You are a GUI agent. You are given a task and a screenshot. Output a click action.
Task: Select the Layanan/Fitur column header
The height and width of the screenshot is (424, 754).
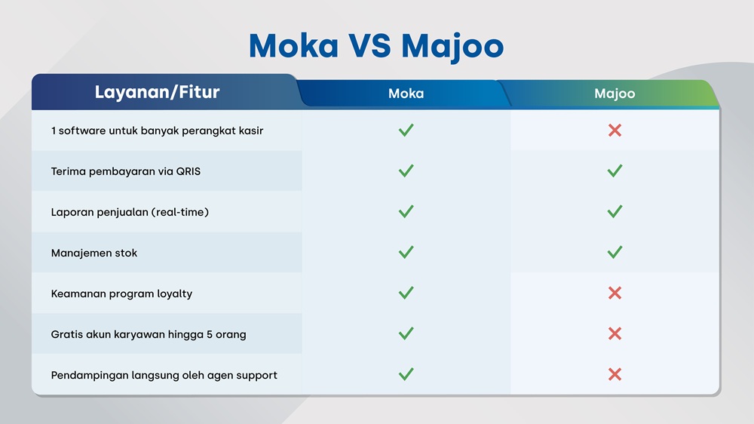pos(157,93)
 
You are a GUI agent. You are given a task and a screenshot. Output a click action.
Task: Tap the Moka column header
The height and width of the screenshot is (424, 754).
pos(406,94)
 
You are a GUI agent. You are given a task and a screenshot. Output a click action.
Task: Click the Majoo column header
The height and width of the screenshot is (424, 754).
pos(615,94)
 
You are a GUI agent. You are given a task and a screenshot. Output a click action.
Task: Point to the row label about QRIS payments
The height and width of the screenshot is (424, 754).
pos(126,171)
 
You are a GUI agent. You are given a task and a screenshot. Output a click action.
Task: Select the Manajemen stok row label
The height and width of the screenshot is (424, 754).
pos(94,253)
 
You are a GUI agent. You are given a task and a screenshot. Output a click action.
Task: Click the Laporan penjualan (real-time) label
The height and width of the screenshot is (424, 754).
pos(130,212)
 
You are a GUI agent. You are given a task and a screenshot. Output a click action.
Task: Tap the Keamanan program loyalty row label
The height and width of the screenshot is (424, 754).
pos(121,293)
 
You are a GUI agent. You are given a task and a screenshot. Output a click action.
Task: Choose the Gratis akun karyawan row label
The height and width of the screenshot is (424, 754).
pos(149,334)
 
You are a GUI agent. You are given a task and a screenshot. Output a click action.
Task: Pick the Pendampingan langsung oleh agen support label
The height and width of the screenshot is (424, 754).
pos(164,375)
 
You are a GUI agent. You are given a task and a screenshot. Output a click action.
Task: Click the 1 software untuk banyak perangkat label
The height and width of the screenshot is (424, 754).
pos(157,131)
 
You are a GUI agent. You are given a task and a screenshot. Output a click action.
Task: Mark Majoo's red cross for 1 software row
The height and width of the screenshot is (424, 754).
pos(615,131)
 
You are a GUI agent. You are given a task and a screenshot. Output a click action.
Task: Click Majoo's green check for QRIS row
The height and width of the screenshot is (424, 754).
pos(615,171)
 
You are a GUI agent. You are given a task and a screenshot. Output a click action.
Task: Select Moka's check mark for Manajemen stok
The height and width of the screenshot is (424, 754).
pos(406,252)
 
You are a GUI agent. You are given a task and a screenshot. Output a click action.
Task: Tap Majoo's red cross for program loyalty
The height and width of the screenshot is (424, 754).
pos(615,293)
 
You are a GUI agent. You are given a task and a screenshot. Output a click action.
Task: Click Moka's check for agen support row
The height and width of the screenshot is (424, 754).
pos(406,374)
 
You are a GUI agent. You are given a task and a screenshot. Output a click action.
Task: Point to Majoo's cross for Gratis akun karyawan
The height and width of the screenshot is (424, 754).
pos(615,334)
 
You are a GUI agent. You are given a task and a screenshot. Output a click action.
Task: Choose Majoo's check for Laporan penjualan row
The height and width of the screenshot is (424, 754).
pos(615,212)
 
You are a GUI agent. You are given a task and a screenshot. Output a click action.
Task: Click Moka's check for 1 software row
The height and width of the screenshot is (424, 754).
pos(406,130)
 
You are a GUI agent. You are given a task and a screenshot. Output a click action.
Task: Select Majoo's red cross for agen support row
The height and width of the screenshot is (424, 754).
pos(615,375)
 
